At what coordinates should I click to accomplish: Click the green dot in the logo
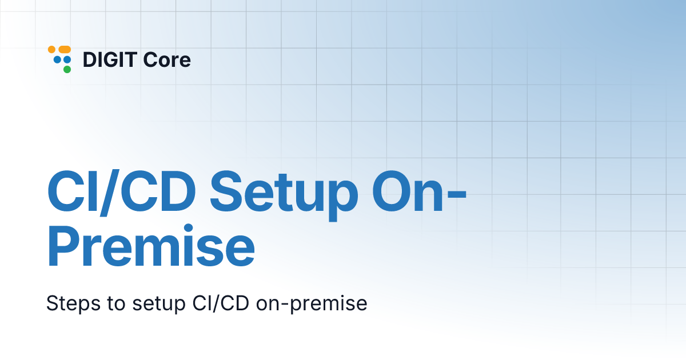coord(67,70)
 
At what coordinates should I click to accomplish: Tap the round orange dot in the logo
coord(51,50)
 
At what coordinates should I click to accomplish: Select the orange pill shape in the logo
coord(64,50)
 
